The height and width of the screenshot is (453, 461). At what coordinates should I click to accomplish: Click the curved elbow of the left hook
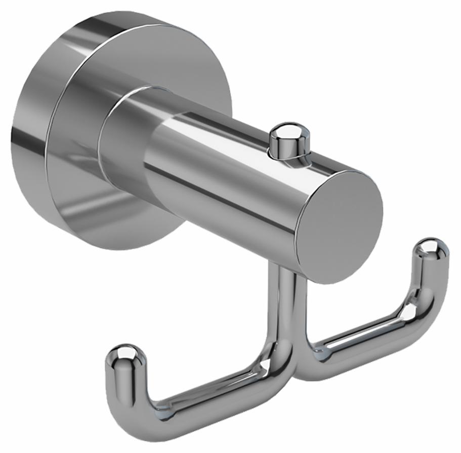point(133,412)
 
